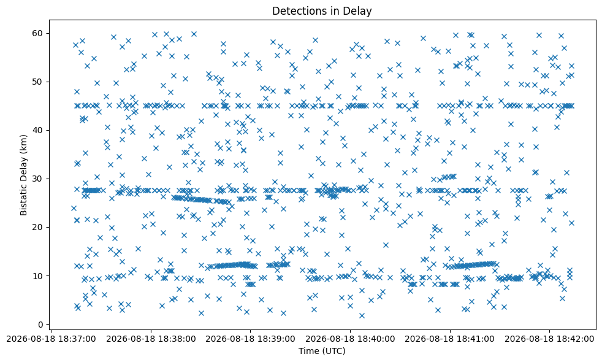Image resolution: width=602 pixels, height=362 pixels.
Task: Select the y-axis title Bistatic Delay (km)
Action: pyautogui.click(x=24, y=175)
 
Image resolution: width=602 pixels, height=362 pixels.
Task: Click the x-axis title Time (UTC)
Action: pyautogui.click(x=322, y=351)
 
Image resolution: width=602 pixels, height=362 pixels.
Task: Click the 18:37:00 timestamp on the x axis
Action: pyautogui.click(x=51, y=339)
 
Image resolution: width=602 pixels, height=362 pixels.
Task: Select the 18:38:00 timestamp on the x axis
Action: pyautogui.click(x=151, y=339)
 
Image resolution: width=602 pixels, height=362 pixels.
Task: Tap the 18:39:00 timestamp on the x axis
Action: pyautogui.click(x=251, y=339)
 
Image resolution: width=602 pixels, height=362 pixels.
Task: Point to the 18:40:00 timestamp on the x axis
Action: pyautogui.click(x=350, y=339)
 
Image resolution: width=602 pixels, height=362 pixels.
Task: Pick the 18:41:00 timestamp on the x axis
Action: pyautogui.click(x=450, y=339)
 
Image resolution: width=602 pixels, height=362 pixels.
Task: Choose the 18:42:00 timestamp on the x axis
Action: pyautogui.click(x=549, y=339)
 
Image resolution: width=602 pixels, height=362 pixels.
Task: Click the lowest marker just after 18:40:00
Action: pyautogui.click(x=362, y=315)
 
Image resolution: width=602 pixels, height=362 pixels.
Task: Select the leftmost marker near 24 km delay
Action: pyautogui.click(x=74, y=208)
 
